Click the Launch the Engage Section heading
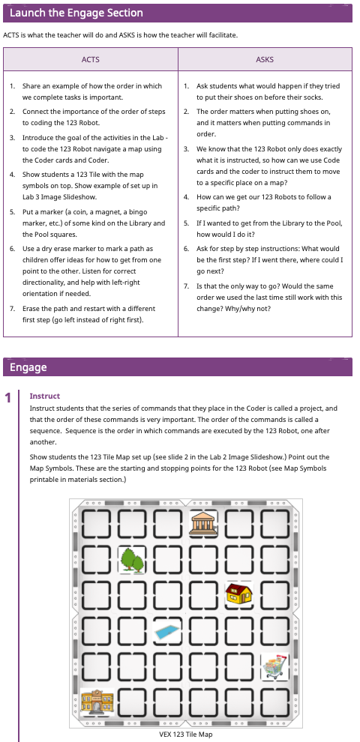coord(76,13)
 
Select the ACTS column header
coord(90,59)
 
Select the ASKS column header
coord(264,59)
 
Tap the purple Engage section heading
coord(28,367)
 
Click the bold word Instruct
coord(44,396)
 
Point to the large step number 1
coord(8,397)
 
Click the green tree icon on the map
coord(132,559)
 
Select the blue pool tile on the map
coord(168,631)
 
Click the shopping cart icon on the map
coord(275,667)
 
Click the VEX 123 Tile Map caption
coord(185,734)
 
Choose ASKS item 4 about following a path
coord(263,202)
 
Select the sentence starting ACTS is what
coord(120,35)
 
